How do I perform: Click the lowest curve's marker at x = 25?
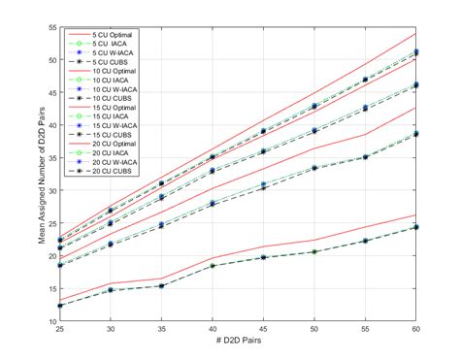click(60, 306)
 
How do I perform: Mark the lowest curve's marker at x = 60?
click(416, 227)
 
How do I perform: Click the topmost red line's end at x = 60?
click(416, 33)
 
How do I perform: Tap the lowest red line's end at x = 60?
click(416, 214)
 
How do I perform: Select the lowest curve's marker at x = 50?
click(314, 252)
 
